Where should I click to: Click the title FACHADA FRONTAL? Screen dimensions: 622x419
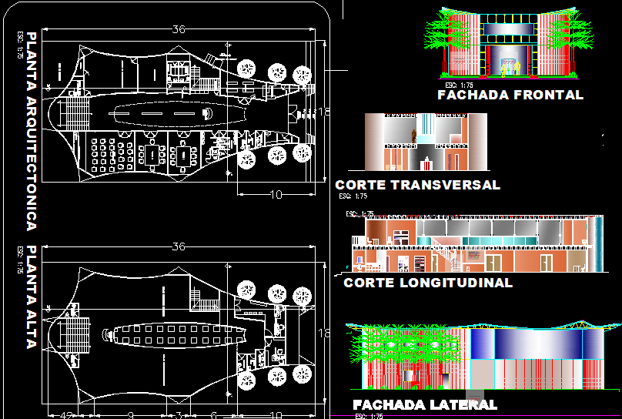(x=510, y=96)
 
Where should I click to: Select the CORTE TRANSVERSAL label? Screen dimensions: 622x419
(x=417, y=185)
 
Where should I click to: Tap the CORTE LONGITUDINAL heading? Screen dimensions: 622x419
(x=427, y=283)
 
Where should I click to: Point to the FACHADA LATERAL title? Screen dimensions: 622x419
(x=424, y=404)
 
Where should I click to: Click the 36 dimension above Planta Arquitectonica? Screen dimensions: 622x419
(x=179, y=30)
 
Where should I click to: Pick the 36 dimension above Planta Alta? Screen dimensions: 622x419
(x=179, y=247)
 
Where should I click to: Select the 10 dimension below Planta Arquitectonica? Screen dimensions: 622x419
(x=276, y=195)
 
